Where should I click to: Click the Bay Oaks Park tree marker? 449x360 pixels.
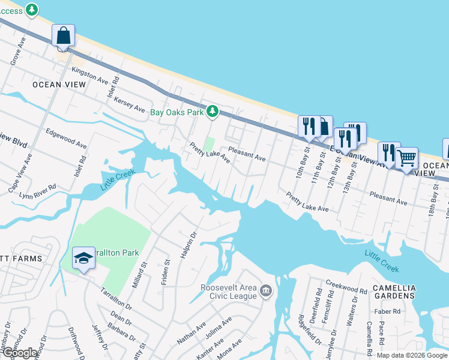tap(212, 111)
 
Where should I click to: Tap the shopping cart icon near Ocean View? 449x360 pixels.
tap(407, 158)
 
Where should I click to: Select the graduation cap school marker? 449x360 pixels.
tap(83, 259)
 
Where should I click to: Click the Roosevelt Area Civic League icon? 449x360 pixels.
tap(266, 292)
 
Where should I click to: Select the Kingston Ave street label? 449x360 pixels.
tap(89, 75)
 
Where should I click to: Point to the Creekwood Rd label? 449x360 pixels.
tap(346, 286)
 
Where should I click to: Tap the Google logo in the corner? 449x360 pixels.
tap(19, 353)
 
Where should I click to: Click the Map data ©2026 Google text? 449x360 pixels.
tap(411, 355)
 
